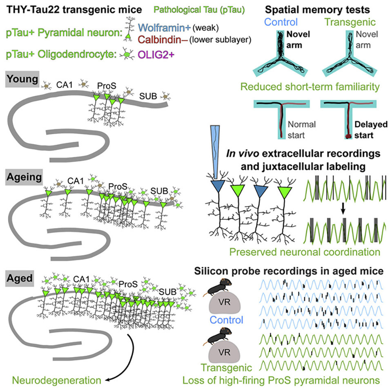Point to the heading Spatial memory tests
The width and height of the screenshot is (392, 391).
[321, 9]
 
